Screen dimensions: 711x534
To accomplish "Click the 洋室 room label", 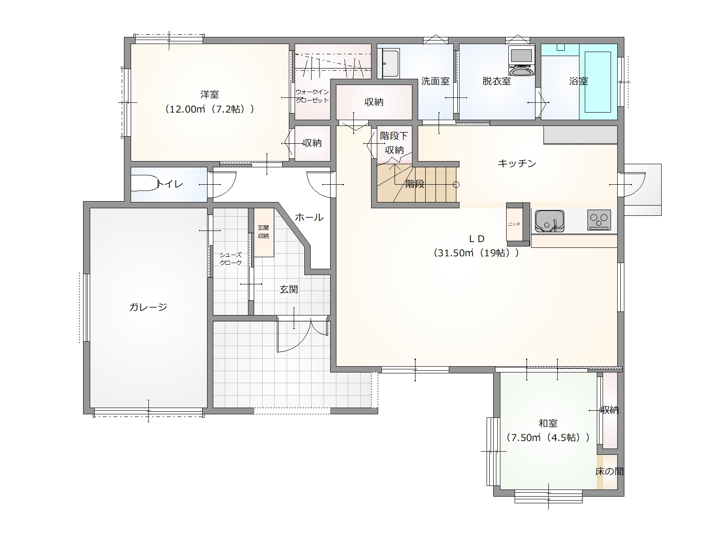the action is click(210, 95).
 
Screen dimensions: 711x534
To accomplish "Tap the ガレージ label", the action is click(148, 307).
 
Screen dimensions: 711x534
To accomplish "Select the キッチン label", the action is click(517, 163).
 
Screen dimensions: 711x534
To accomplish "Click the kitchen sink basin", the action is click(549, 221).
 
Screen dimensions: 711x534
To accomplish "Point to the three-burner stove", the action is click(599, 220).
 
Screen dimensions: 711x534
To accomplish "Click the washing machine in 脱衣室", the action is click(521, 61).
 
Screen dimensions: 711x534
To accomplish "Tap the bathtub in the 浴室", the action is click(598, 82).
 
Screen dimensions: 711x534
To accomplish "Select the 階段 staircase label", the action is click(415, 184).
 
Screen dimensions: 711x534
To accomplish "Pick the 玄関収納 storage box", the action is click(264, 232).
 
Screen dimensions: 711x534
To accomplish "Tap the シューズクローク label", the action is click(230, 259).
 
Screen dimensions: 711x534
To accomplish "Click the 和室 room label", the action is click(548, 423).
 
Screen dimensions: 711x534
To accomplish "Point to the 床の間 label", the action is click(609, 471).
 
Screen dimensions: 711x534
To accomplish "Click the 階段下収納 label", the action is click(394, 143).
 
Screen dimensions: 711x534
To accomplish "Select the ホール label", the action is click(309, 217).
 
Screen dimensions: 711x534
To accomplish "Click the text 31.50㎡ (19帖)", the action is click(476, 253).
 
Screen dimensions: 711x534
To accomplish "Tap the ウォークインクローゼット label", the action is click(312, 96).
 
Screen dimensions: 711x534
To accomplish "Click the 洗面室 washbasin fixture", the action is click(391, 64).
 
